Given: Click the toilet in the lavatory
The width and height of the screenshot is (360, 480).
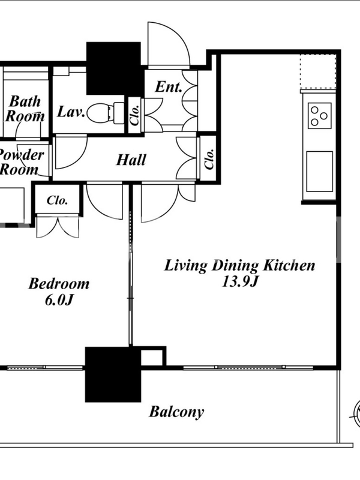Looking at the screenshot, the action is tap(106, 113).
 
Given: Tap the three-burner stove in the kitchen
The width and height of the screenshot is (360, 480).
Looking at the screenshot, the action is tap(320, 116).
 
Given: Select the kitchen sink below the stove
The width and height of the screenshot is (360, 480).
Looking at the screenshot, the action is tap(320, 172).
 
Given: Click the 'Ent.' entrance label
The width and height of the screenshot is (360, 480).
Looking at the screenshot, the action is tap(169, 87).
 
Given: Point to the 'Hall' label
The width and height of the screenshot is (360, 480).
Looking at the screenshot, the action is tap(131, 160).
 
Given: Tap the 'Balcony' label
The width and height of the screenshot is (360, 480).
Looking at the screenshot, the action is tap(176, 412).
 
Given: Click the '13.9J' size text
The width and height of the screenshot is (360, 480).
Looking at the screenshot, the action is tap(238, 281).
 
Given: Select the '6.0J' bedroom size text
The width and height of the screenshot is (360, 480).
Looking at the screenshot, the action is tap(59, 300).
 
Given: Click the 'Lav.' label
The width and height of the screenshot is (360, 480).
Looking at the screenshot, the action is tap(71, 112).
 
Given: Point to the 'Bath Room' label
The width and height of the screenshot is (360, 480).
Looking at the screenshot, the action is tap(25, 109).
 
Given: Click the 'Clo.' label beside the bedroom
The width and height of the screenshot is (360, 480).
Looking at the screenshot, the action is tap(57, 200).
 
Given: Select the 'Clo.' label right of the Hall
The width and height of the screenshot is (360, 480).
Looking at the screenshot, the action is tap(209, 159).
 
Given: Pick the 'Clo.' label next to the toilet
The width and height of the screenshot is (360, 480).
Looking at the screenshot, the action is tap(134, 115).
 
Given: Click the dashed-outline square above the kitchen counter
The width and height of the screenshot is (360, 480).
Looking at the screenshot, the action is tap(318, 71).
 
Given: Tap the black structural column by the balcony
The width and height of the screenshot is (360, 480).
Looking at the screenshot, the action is tap(113, 374).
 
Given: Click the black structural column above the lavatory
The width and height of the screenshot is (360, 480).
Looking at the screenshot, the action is tap(113, 68).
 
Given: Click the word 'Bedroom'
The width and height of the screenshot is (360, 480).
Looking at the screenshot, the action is tap(59, 283).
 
